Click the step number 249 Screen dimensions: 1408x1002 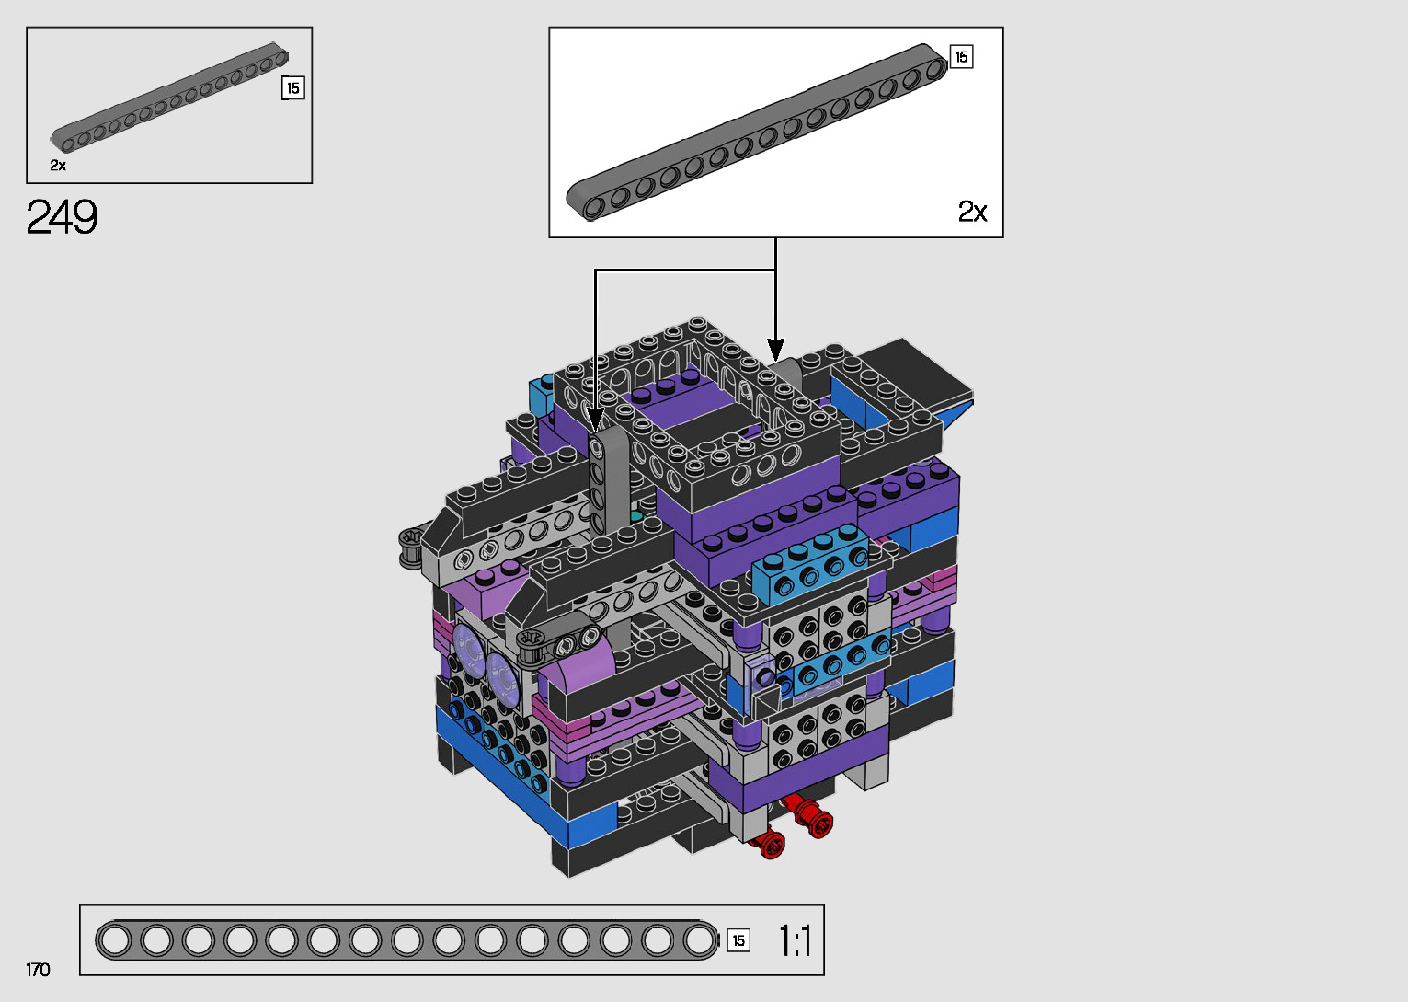coord(62,217)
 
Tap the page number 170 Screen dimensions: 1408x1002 coord(38,969)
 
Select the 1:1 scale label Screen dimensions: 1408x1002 coord(795,940)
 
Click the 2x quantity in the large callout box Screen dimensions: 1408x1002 coord(972,212)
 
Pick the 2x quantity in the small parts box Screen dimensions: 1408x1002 coord(58,166)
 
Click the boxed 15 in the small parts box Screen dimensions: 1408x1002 coord(293,88)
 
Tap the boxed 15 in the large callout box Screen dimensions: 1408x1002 coord(961,57)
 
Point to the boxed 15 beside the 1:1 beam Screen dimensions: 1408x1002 coord(738,940)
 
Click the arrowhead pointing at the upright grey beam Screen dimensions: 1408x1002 coord(595,420)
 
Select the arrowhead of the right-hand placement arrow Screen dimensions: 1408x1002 coord(775,350)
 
